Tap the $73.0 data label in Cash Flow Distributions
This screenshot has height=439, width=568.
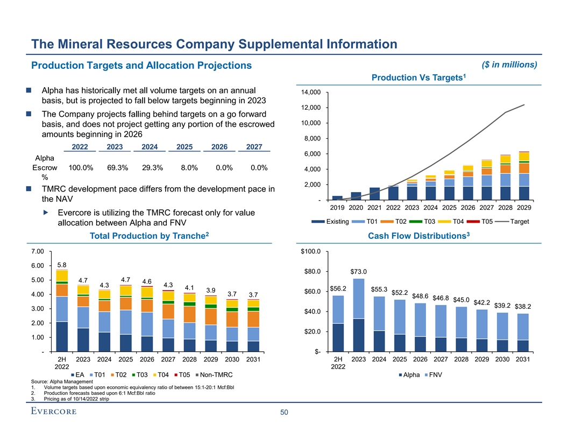(359, 271)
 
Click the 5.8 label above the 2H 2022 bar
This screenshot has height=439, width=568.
(61, 265)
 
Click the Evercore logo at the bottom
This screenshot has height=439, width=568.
(53, 412)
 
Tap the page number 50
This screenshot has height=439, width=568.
(283, 413)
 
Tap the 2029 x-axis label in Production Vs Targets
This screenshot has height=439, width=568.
(523, 207)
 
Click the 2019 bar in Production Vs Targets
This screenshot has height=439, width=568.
(337, 197)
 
